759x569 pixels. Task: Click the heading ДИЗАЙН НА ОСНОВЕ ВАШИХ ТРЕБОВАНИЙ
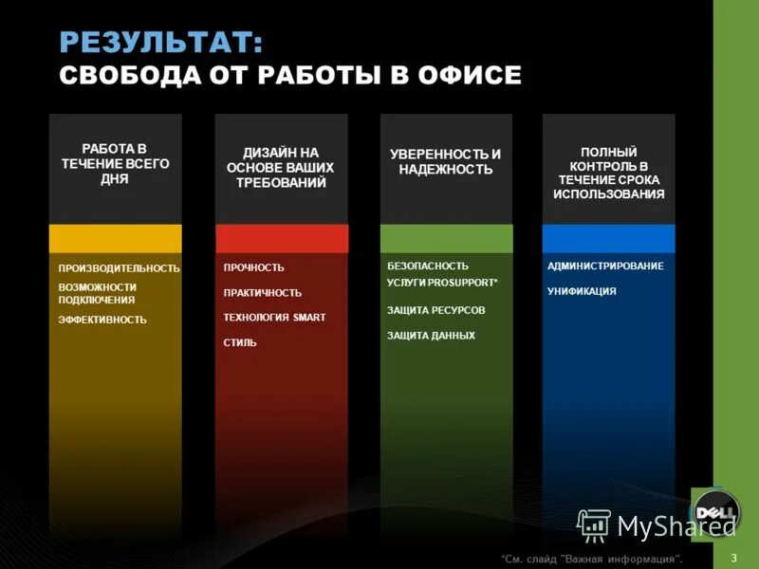click(281, 168)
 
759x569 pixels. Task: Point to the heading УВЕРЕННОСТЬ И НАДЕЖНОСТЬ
click(445, 161)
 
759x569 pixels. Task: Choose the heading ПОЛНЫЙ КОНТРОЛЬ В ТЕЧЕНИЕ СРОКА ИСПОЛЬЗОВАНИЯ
click(608, 173)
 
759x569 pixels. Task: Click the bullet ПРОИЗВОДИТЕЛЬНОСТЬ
click(119, 268)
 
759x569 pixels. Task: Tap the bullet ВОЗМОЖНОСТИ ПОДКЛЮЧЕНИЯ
click(97, 293)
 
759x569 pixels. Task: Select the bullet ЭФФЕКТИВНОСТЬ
click(102, 320)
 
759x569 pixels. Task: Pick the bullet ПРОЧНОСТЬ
click(253, 267)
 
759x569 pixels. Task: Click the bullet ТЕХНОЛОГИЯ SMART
click(274, 318)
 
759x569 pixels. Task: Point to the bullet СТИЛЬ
click(240, 342)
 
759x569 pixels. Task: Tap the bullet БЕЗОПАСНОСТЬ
click(428, 266)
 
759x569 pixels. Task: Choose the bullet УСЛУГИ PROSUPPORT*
click(442, 284)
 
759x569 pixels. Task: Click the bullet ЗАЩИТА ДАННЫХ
click(431, 336)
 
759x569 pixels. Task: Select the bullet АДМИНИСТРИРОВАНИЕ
click(605, 266)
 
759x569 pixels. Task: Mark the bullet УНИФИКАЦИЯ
click(582, 291)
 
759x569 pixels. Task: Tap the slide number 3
click(734, 557)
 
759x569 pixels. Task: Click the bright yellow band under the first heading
click(115, 238)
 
